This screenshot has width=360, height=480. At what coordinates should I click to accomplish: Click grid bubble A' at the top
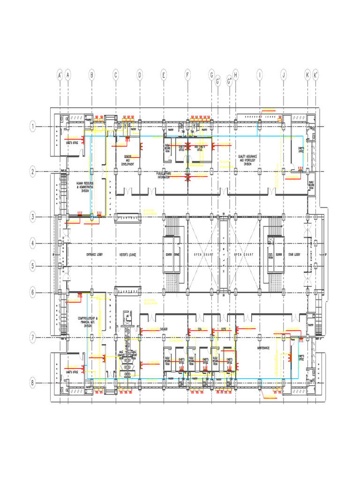(60, 75)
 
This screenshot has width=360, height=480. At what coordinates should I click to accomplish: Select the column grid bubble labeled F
(187, 75)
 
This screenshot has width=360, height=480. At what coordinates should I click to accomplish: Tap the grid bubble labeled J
(283, 75)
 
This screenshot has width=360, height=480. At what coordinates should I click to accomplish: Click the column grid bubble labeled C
(115, 75)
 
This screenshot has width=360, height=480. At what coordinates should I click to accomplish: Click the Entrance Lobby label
(94, 255)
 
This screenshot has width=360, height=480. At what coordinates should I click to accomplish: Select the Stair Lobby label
(294, 255)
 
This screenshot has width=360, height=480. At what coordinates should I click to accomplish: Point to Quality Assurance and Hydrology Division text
(248, 160)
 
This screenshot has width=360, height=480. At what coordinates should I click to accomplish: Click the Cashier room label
(164, 329)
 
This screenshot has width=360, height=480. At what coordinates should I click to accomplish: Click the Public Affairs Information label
(164, 175)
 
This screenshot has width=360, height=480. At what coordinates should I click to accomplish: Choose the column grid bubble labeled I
(259, 75)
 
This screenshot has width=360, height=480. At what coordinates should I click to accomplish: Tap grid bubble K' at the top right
(316, 75)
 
